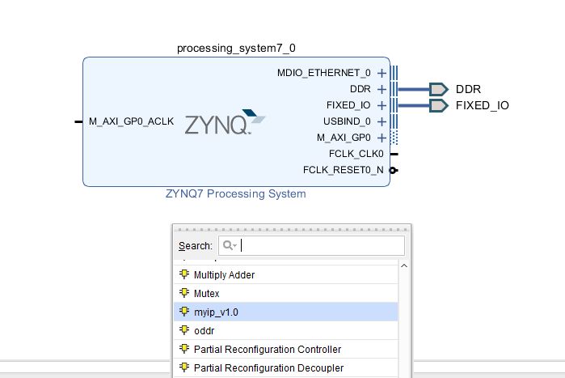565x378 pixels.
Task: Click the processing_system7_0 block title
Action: coord(242,49)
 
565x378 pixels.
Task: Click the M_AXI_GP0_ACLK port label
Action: coord(131,121)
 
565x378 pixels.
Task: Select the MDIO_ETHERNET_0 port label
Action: coord(323,73)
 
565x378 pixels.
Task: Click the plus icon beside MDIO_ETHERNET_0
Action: coord(382,73)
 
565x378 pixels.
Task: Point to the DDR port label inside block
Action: coord(360,89)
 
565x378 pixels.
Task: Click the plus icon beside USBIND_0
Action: coord(382,121)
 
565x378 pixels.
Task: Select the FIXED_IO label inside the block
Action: coord(348,105)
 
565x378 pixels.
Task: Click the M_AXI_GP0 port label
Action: coord(344,138)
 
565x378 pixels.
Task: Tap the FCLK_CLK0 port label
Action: coord(356,154)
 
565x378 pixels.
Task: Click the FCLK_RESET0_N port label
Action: coord(344,170)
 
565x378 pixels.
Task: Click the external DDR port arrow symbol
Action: coord(438,89)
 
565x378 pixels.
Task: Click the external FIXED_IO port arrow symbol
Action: coord(438,105)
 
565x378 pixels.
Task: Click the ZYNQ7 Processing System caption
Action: coord(235,194)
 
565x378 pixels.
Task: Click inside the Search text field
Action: coord(323,245)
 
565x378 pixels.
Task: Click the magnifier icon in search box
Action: coord(230,245)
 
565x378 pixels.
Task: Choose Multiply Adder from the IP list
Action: coord(224,275)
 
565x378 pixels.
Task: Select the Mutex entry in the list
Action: coord(206,294)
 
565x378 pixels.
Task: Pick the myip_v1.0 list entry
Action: coord(216,312)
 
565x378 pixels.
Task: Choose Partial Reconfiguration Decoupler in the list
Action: coord(268,368)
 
